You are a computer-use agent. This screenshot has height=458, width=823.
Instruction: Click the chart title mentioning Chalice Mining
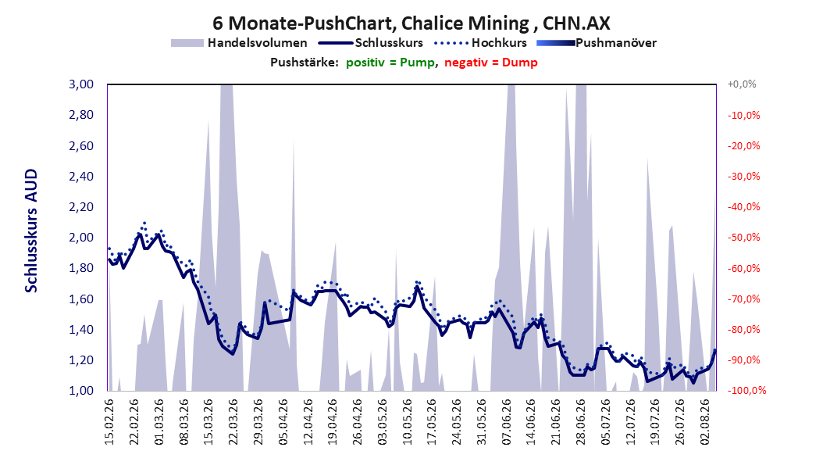click(411, 23)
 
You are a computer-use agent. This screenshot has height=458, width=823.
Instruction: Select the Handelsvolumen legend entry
click(239, 43)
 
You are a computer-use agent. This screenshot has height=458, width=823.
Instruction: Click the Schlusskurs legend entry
click(371, 43)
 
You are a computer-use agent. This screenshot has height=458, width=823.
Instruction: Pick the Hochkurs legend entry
click(481, 43)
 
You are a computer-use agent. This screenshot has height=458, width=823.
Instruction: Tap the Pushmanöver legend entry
click(597, 43)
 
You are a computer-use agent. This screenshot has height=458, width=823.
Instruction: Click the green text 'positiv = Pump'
click(390, 63)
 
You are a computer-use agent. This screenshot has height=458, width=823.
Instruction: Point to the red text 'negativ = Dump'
click(491, 63)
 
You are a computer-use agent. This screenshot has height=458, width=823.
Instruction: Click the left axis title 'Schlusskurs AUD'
click(31, 231)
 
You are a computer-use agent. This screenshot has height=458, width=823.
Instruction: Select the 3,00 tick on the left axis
click(81, 84)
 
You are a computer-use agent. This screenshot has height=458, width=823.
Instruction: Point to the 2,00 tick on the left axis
click(81, 238)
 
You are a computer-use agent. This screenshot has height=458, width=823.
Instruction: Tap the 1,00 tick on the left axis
click(81, 391)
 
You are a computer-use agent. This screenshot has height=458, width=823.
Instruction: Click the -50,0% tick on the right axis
click(743, 238)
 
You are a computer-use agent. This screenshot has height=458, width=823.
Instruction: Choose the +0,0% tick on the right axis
click(742, 84)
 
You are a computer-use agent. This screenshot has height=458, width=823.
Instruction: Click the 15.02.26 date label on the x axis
click(109, 422)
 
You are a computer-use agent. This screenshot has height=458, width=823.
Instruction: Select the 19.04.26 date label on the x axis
click(332, 422)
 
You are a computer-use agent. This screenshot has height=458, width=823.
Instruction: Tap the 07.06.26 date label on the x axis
click(506, 422)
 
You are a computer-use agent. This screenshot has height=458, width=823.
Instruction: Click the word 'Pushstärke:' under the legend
click(305, 63)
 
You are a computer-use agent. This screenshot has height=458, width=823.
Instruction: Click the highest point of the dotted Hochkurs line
click(144, 223)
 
